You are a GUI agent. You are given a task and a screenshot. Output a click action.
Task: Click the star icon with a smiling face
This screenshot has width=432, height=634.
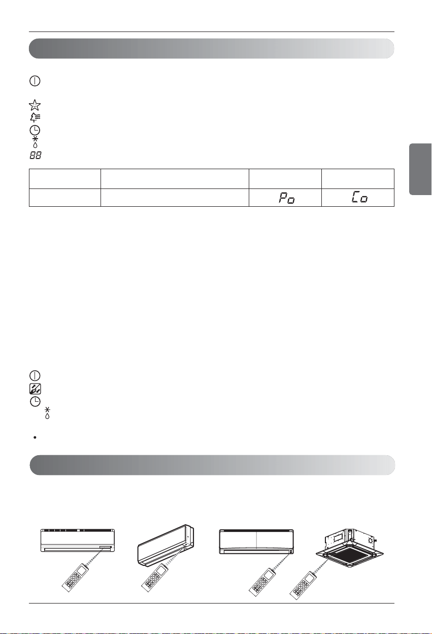35,105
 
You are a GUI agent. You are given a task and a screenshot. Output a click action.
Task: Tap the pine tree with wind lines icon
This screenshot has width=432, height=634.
35,117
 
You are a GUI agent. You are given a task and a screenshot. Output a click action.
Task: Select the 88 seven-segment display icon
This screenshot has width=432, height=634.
36,155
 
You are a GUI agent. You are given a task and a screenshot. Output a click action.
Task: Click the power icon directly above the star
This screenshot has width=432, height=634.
35,81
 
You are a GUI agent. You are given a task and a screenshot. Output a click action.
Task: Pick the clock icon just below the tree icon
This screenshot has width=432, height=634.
35,130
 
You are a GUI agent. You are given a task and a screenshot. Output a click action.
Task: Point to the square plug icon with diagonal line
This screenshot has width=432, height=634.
35,389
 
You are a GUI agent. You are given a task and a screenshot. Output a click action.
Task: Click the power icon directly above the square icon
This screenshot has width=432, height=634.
35,375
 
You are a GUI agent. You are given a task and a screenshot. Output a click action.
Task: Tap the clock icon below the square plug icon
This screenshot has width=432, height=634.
35,402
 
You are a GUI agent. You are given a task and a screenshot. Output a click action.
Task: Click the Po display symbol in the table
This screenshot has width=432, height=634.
287,198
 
